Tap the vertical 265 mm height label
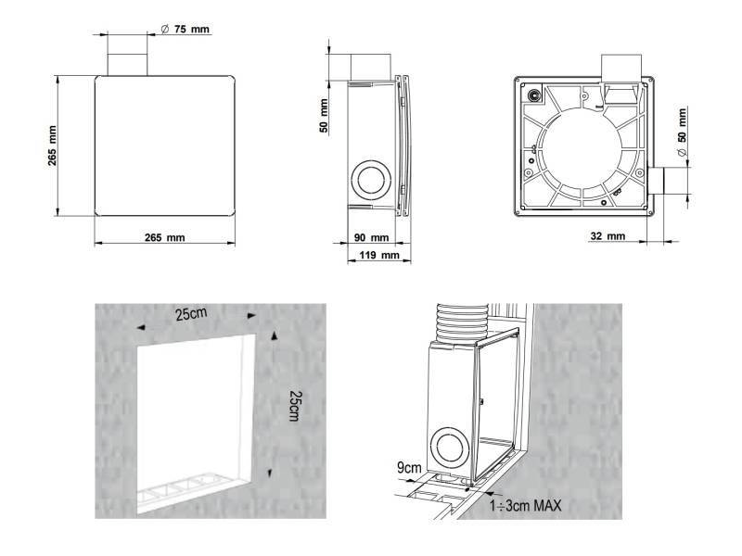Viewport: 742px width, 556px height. [53, 146]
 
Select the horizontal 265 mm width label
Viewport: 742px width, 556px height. [165, 238]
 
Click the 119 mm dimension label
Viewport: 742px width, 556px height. [380, 255]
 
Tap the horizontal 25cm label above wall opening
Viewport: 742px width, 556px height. [192, 314]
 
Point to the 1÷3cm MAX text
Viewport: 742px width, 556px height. [529, 506]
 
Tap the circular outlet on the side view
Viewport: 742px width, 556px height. [372, 179]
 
